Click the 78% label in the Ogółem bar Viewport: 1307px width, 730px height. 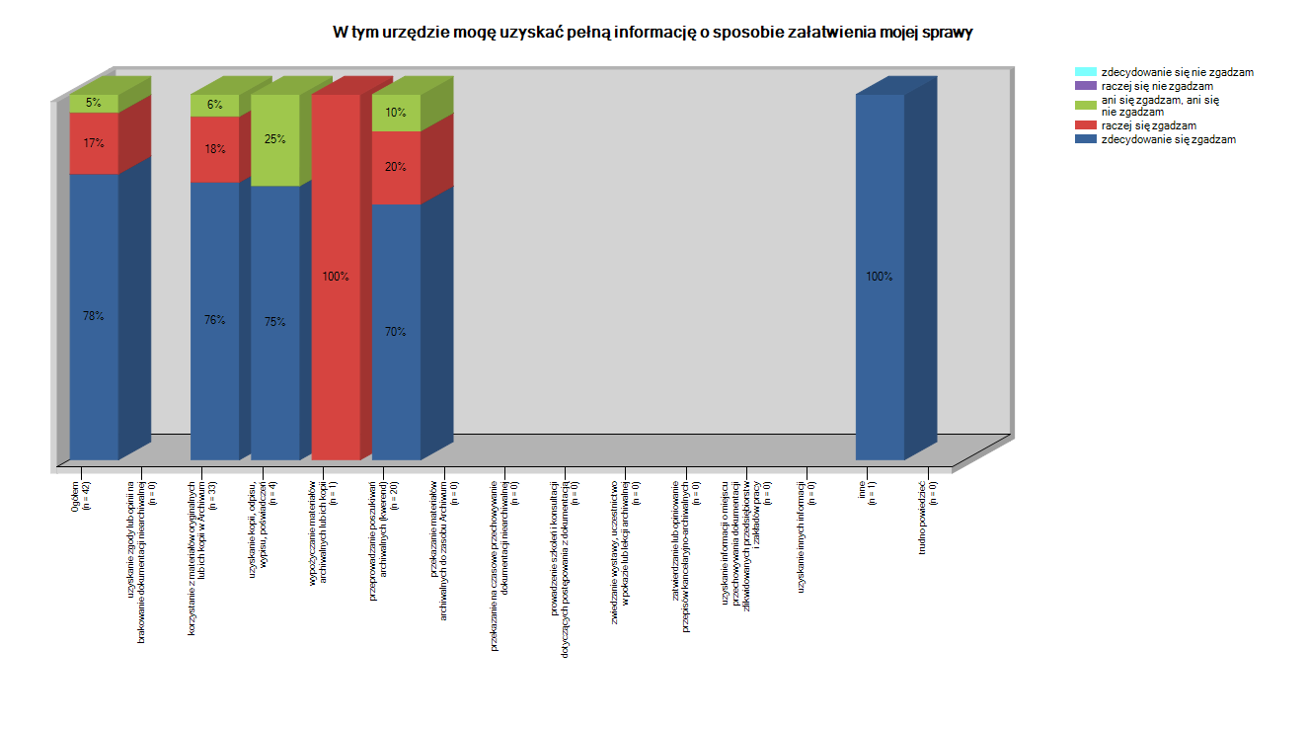tap(94, 316)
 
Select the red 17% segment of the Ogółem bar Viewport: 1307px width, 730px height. tap(94, 143)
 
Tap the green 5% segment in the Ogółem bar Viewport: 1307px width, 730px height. tap(94, 103)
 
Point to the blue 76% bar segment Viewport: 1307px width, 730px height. tap(215, 320)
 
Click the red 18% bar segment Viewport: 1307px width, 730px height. tap(215, 149)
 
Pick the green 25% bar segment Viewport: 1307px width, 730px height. tap(275, 139)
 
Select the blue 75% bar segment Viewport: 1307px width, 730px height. tap(275, 322)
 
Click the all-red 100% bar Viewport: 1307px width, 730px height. tap(336, 277)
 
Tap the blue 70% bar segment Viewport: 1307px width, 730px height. tap(396, 332)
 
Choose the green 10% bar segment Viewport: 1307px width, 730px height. tap(396, 113)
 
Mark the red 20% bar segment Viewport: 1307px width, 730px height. tap(396, 167)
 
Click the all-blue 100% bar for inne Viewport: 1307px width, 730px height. tap(880, 277)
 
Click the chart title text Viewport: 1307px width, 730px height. tap(653, 33)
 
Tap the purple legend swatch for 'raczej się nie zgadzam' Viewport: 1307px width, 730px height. tap(1085, 86)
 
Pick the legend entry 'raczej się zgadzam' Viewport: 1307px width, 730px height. tap(1148, 125)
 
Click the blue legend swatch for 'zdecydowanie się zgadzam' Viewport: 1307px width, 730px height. tap(1085, 139)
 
